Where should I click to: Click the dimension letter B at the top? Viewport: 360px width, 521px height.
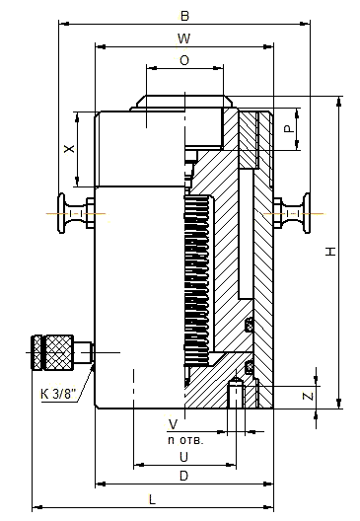[184, 16]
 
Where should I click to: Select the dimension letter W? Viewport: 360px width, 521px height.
[184, 38]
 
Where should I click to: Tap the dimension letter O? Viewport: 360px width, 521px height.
[184, 60]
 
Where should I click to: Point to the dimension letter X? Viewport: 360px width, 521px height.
[69, 148]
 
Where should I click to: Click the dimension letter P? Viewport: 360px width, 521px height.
[290, 128]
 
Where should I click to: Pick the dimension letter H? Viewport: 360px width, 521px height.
[330, 252]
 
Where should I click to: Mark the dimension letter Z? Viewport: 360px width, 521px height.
[308, 396]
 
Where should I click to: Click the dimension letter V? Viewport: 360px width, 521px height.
[173, 424]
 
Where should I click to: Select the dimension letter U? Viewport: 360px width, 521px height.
[183, 457]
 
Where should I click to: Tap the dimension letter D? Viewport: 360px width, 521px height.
[183, 476]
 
